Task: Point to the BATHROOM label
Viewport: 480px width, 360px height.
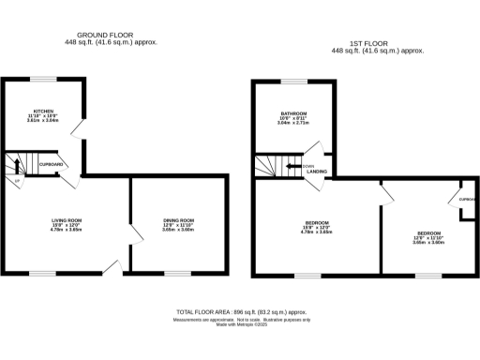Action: coord(293,112)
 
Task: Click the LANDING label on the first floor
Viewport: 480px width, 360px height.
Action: coord(316,171)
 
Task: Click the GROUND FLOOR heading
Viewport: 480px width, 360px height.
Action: coord(111,35)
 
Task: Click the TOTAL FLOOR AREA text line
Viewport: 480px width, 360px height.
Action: coord(241,312)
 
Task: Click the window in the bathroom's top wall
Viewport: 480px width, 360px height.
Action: coord(294,81)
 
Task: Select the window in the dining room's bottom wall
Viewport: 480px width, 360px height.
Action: coord(177,273)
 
